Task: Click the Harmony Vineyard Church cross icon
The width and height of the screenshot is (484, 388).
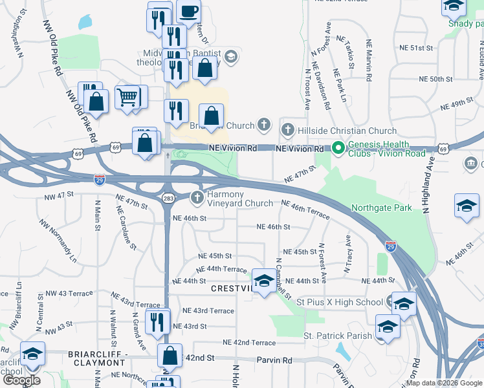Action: (x=197, y=197)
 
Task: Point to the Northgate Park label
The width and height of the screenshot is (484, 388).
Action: (x=381, y=208)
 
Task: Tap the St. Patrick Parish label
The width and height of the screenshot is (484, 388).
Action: (x=338, y=336)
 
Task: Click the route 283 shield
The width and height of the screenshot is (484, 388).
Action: (x=168, y=199)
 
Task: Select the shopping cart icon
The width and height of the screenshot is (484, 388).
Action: (x=127, y=97)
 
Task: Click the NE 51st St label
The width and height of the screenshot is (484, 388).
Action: (x=415, y=48)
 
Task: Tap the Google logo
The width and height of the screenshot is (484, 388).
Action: (x=21, y=380)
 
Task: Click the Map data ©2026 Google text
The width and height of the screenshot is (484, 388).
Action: (x=445, y=383)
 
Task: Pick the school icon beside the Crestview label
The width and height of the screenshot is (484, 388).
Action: (x=263, y=281)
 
